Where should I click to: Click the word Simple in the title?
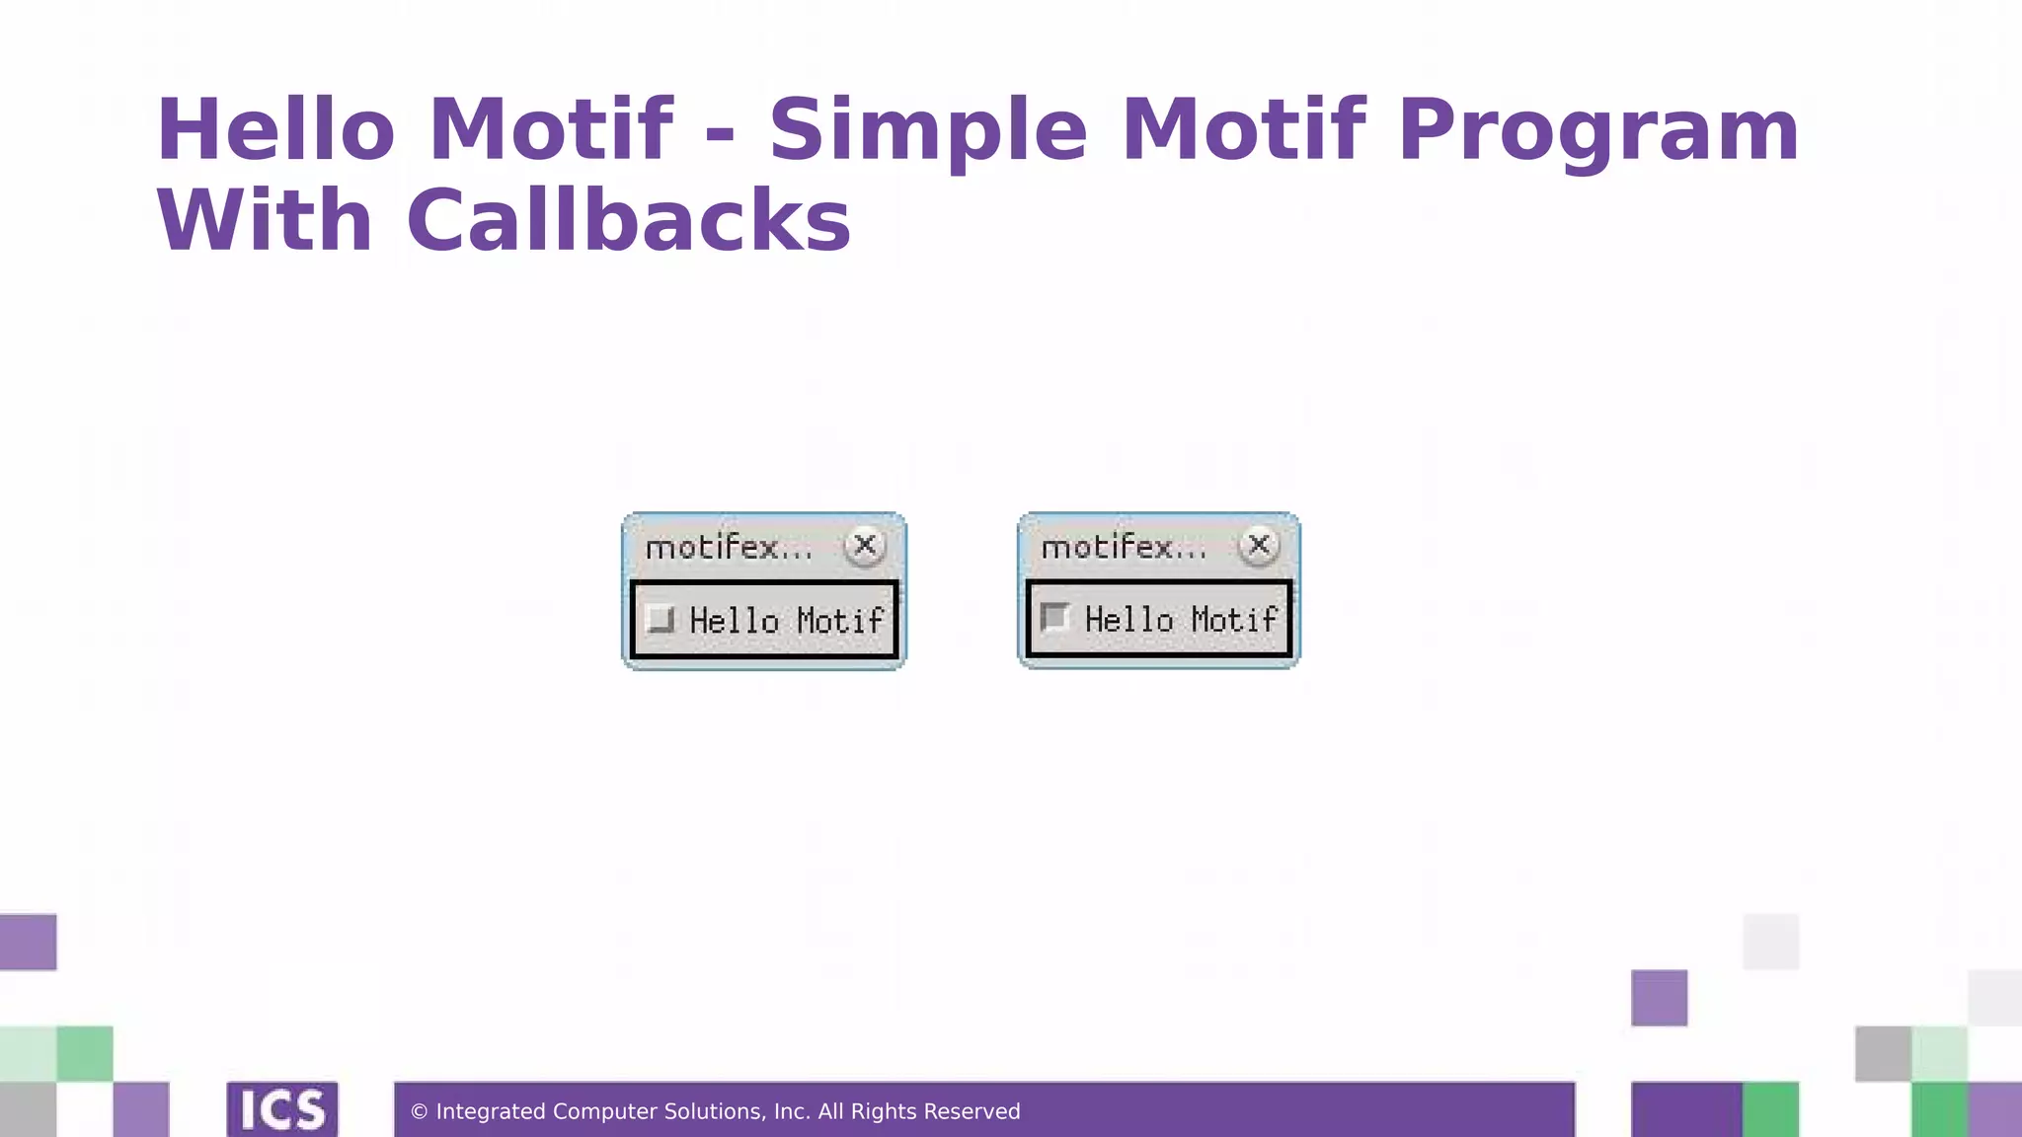tap(928, 131)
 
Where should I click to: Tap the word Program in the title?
tap(1598, 131)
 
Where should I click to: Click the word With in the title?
tap(265, 221)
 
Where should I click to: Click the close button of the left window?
tap(865, 545)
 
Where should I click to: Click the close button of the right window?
tap(1259, 545)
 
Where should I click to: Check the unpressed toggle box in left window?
tap(660, 620)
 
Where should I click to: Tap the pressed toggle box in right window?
tap(1054, 618)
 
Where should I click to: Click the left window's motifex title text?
tap(728, 547)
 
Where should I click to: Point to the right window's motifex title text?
tap(1124, 547)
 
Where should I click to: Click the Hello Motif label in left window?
tap(786, 621)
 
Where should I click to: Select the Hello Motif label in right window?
tap(1181, 620)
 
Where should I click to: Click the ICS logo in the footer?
tap(282, 1110)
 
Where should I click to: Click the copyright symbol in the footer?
tap(419, 1112)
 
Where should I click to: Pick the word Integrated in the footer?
tap(491, 1112)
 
